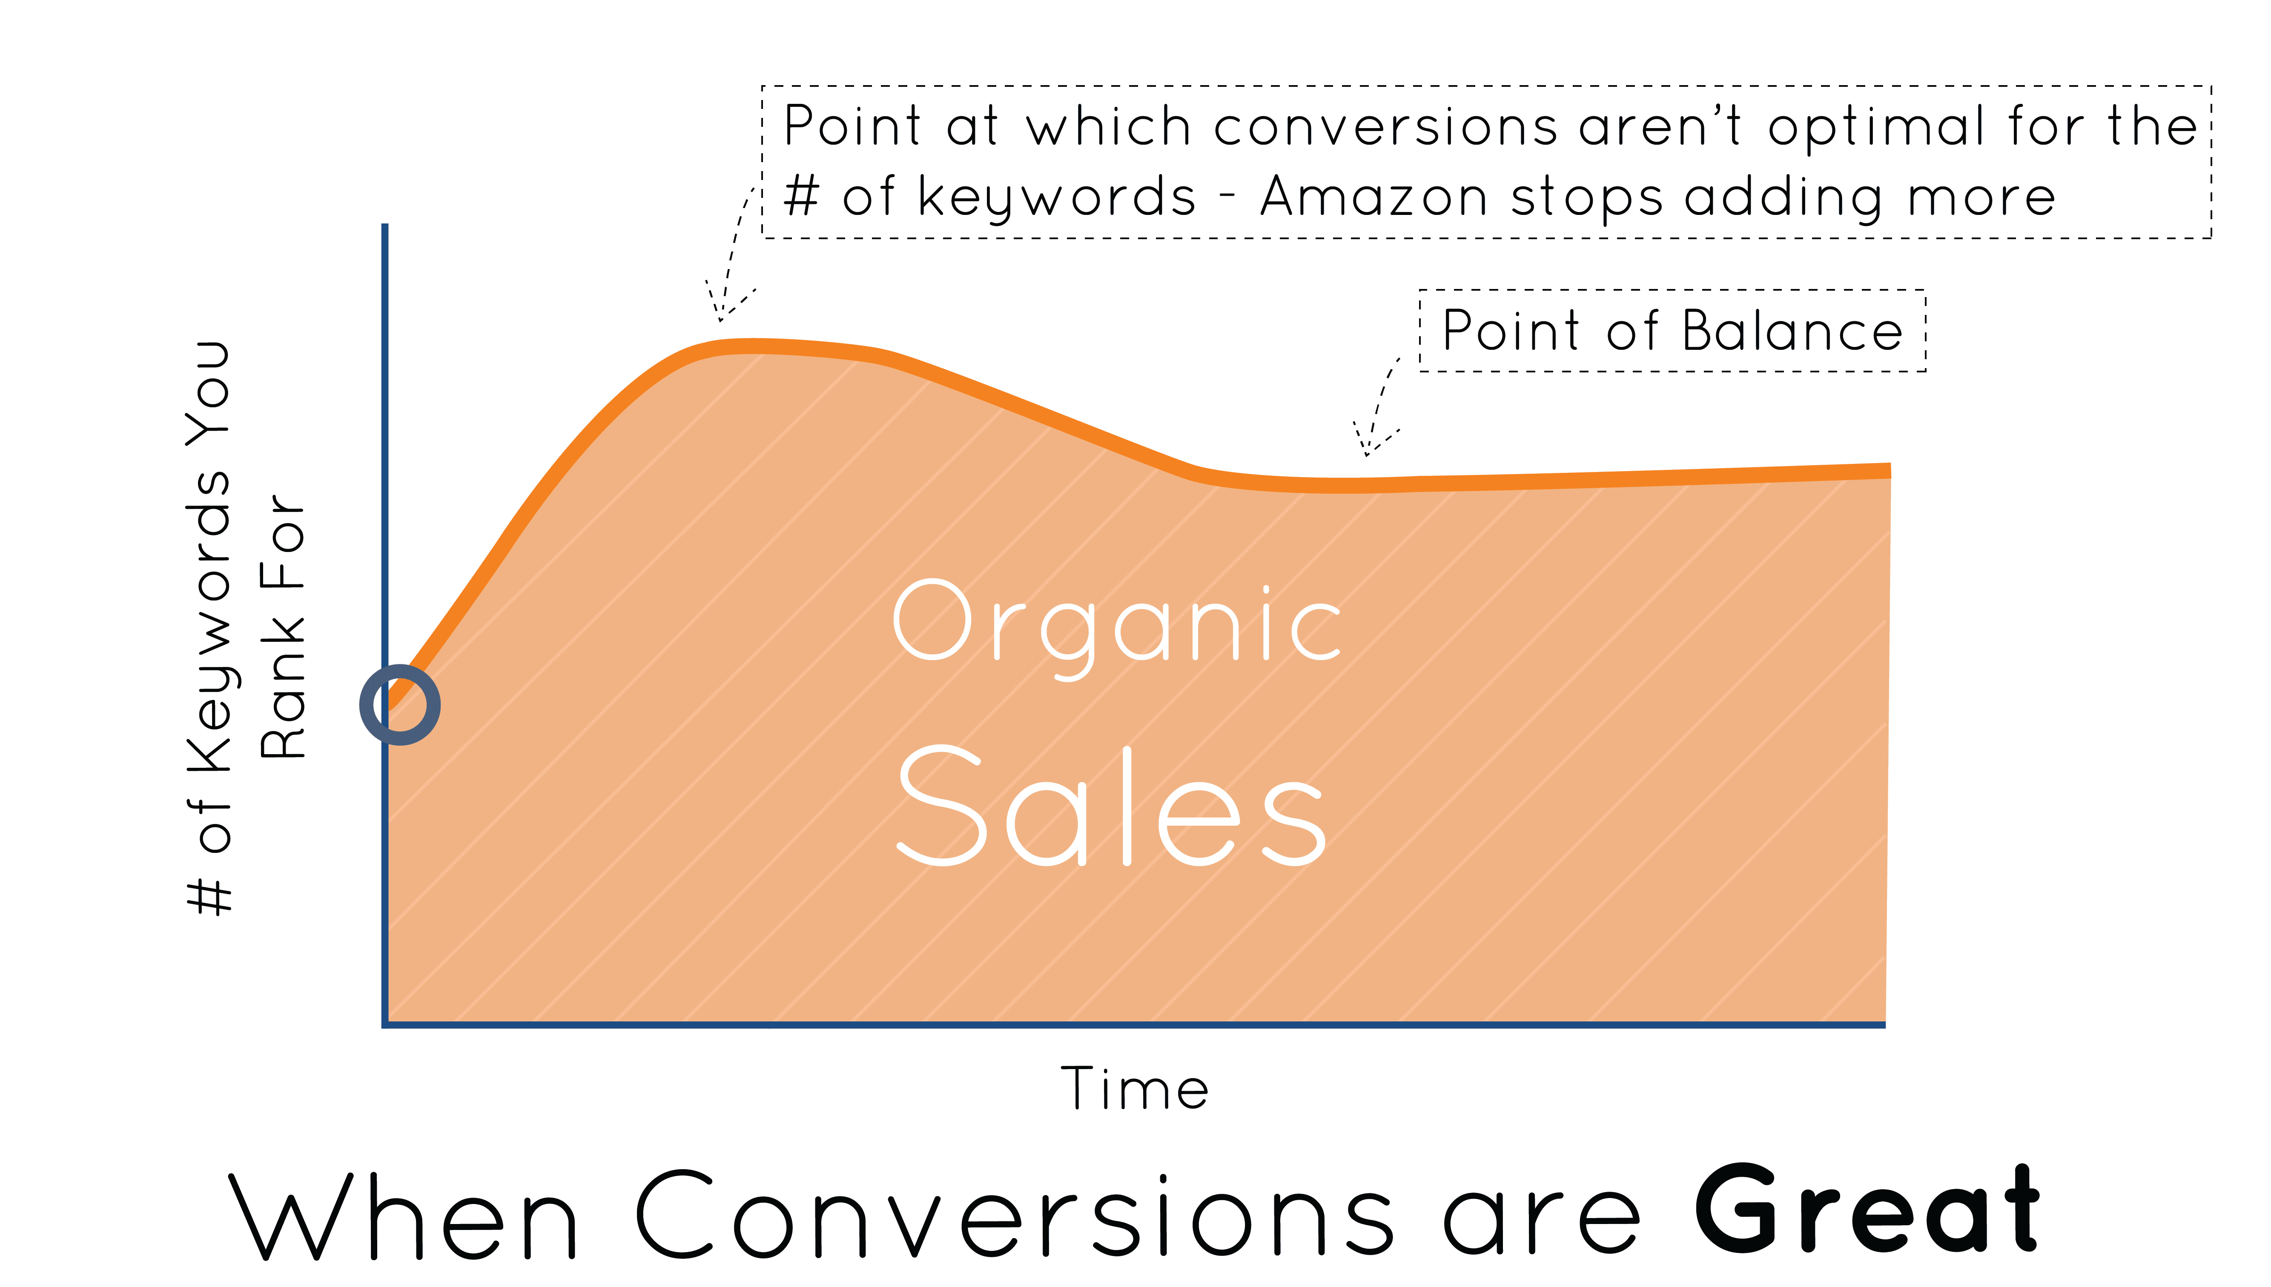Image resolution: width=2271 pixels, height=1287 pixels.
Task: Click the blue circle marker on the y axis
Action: tap(399, 704)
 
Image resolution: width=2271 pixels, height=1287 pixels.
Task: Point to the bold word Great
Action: tap(1867, 1211)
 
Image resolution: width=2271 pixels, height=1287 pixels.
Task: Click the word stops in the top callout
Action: tap(1587, 198)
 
